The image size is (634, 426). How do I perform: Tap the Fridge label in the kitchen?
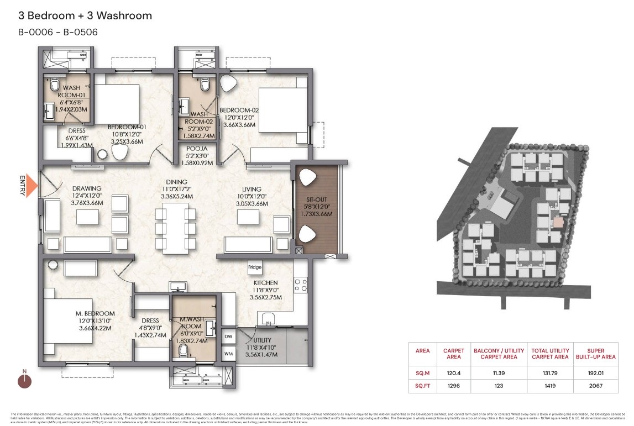tap(255, 267)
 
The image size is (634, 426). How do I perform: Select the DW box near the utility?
tap(228, 336)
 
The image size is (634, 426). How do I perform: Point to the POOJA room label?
tap(197, 149)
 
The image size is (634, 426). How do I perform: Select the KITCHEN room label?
tap(265, 283)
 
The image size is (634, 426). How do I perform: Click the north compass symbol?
tap(24, 381)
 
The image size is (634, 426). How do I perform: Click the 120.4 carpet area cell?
tap(453, 372)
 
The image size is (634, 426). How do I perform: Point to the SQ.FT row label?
tap(423, 385)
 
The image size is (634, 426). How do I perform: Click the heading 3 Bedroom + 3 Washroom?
tap(85, 16)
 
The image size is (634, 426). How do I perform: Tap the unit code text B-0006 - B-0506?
tap(58, 32)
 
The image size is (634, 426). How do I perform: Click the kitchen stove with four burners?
tap(300, 285)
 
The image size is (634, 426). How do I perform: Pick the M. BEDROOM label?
tap(95, 314)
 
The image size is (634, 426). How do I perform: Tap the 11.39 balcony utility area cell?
tap(495, 372)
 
